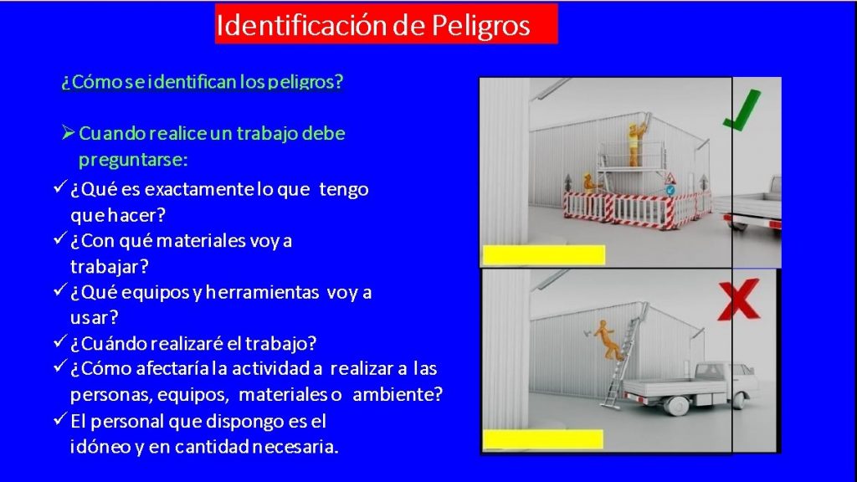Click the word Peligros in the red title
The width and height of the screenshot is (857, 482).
coord(480,26)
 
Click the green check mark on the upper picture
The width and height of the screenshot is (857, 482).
coord(742,110)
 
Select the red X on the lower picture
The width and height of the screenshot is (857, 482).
coord(738,300)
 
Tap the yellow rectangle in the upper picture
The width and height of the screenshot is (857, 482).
coord(544,255)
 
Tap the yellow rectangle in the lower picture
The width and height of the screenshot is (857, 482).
coord(542,439)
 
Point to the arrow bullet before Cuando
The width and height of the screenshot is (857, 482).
coord(68,132)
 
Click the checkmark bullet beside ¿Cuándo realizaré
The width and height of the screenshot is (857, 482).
coord(60,341)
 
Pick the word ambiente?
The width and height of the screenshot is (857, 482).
coord(398,394)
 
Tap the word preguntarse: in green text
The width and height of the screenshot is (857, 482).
coord(133,160)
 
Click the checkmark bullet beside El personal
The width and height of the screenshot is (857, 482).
coord(60,419)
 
